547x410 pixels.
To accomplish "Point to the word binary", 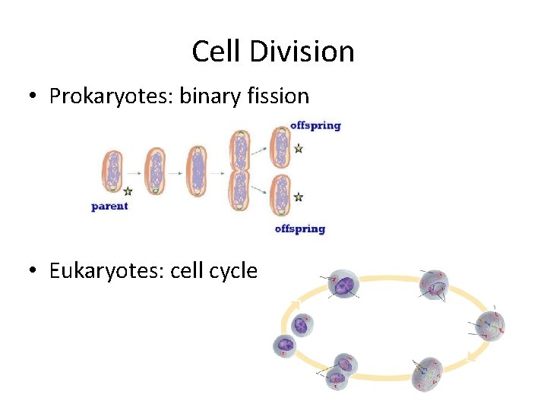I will (x=207, y=96).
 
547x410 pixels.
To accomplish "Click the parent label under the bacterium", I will (x=109, y=206).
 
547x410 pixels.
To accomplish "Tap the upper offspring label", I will (x=315, y=125).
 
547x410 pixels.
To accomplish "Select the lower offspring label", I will (x=299, y=229).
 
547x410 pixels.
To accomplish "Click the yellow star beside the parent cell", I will (x=128, y=191).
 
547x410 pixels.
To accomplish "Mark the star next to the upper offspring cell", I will (x=299, y=149).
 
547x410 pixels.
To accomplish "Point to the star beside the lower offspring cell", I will (x=299, y=197).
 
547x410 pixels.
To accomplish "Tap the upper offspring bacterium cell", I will (x=280, y=147).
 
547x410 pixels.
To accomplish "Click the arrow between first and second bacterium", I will (x=134, y=172).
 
